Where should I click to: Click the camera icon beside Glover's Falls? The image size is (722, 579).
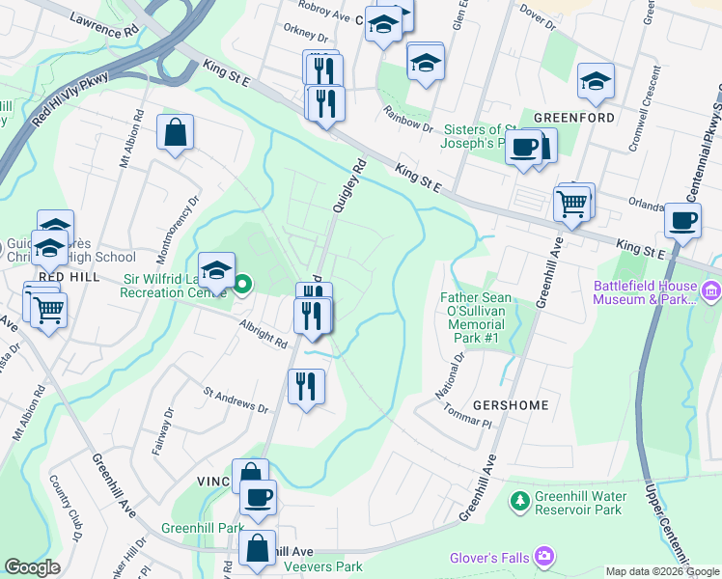[x=545, y=556]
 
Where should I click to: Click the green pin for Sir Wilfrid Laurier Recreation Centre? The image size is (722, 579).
[x=242, y=284]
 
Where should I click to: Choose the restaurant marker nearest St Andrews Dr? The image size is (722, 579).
[x=306, y=386]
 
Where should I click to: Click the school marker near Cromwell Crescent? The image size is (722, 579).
[x=596, y=82]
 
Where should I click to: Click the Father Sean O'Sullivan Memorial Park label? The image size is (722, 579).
[x=476, y=319]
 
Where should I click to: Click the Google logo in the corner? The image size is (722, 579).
[x=32, y=567]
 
